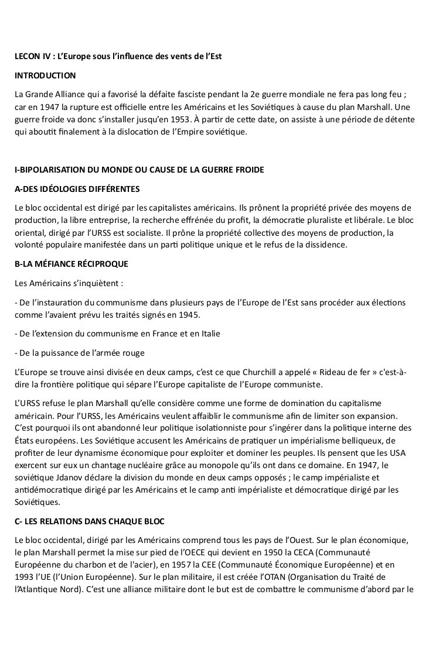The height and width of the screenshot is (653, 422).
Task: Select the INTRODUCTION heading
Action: click(46, 75)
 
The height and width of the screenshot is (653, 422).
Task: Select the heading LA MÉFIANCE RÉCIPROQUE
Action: click(71, 263)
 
